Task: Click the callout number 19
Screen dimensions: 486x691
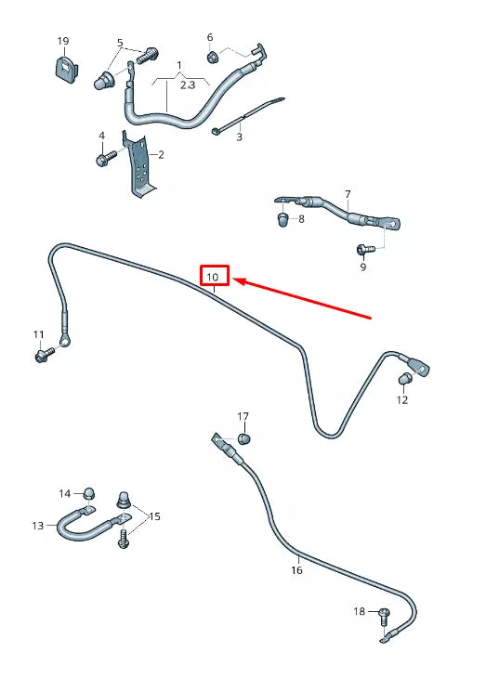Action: (x=63, y=41)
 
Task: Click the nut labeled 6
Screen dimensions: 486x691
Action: (x=212, y=57)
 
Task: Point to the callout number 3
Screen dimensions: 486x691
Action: (x=239, y=137)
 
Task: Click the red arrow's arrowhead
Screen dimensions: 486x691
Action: (x=240, y=280)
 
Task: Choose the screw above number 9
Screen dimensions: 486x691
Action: (x=365, y=250)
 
